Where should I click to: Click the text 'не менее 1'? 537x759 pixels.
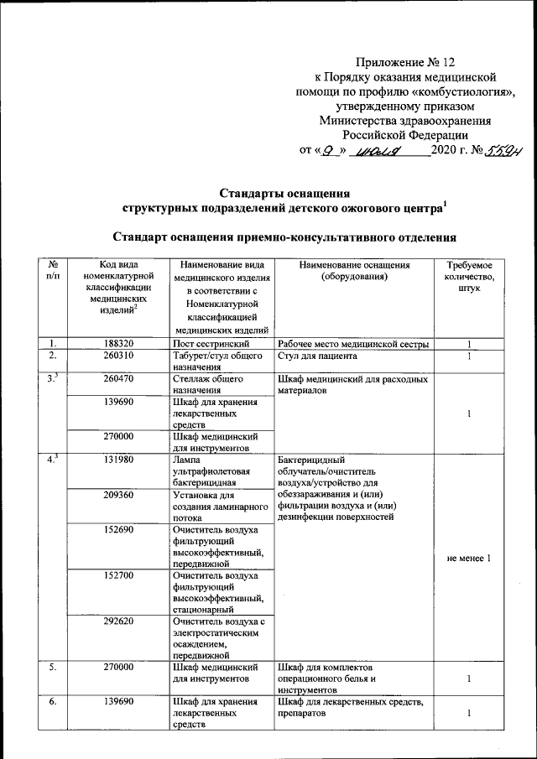(470, 559)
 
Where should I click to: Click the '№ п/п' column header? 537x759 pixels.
(54, 270)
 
